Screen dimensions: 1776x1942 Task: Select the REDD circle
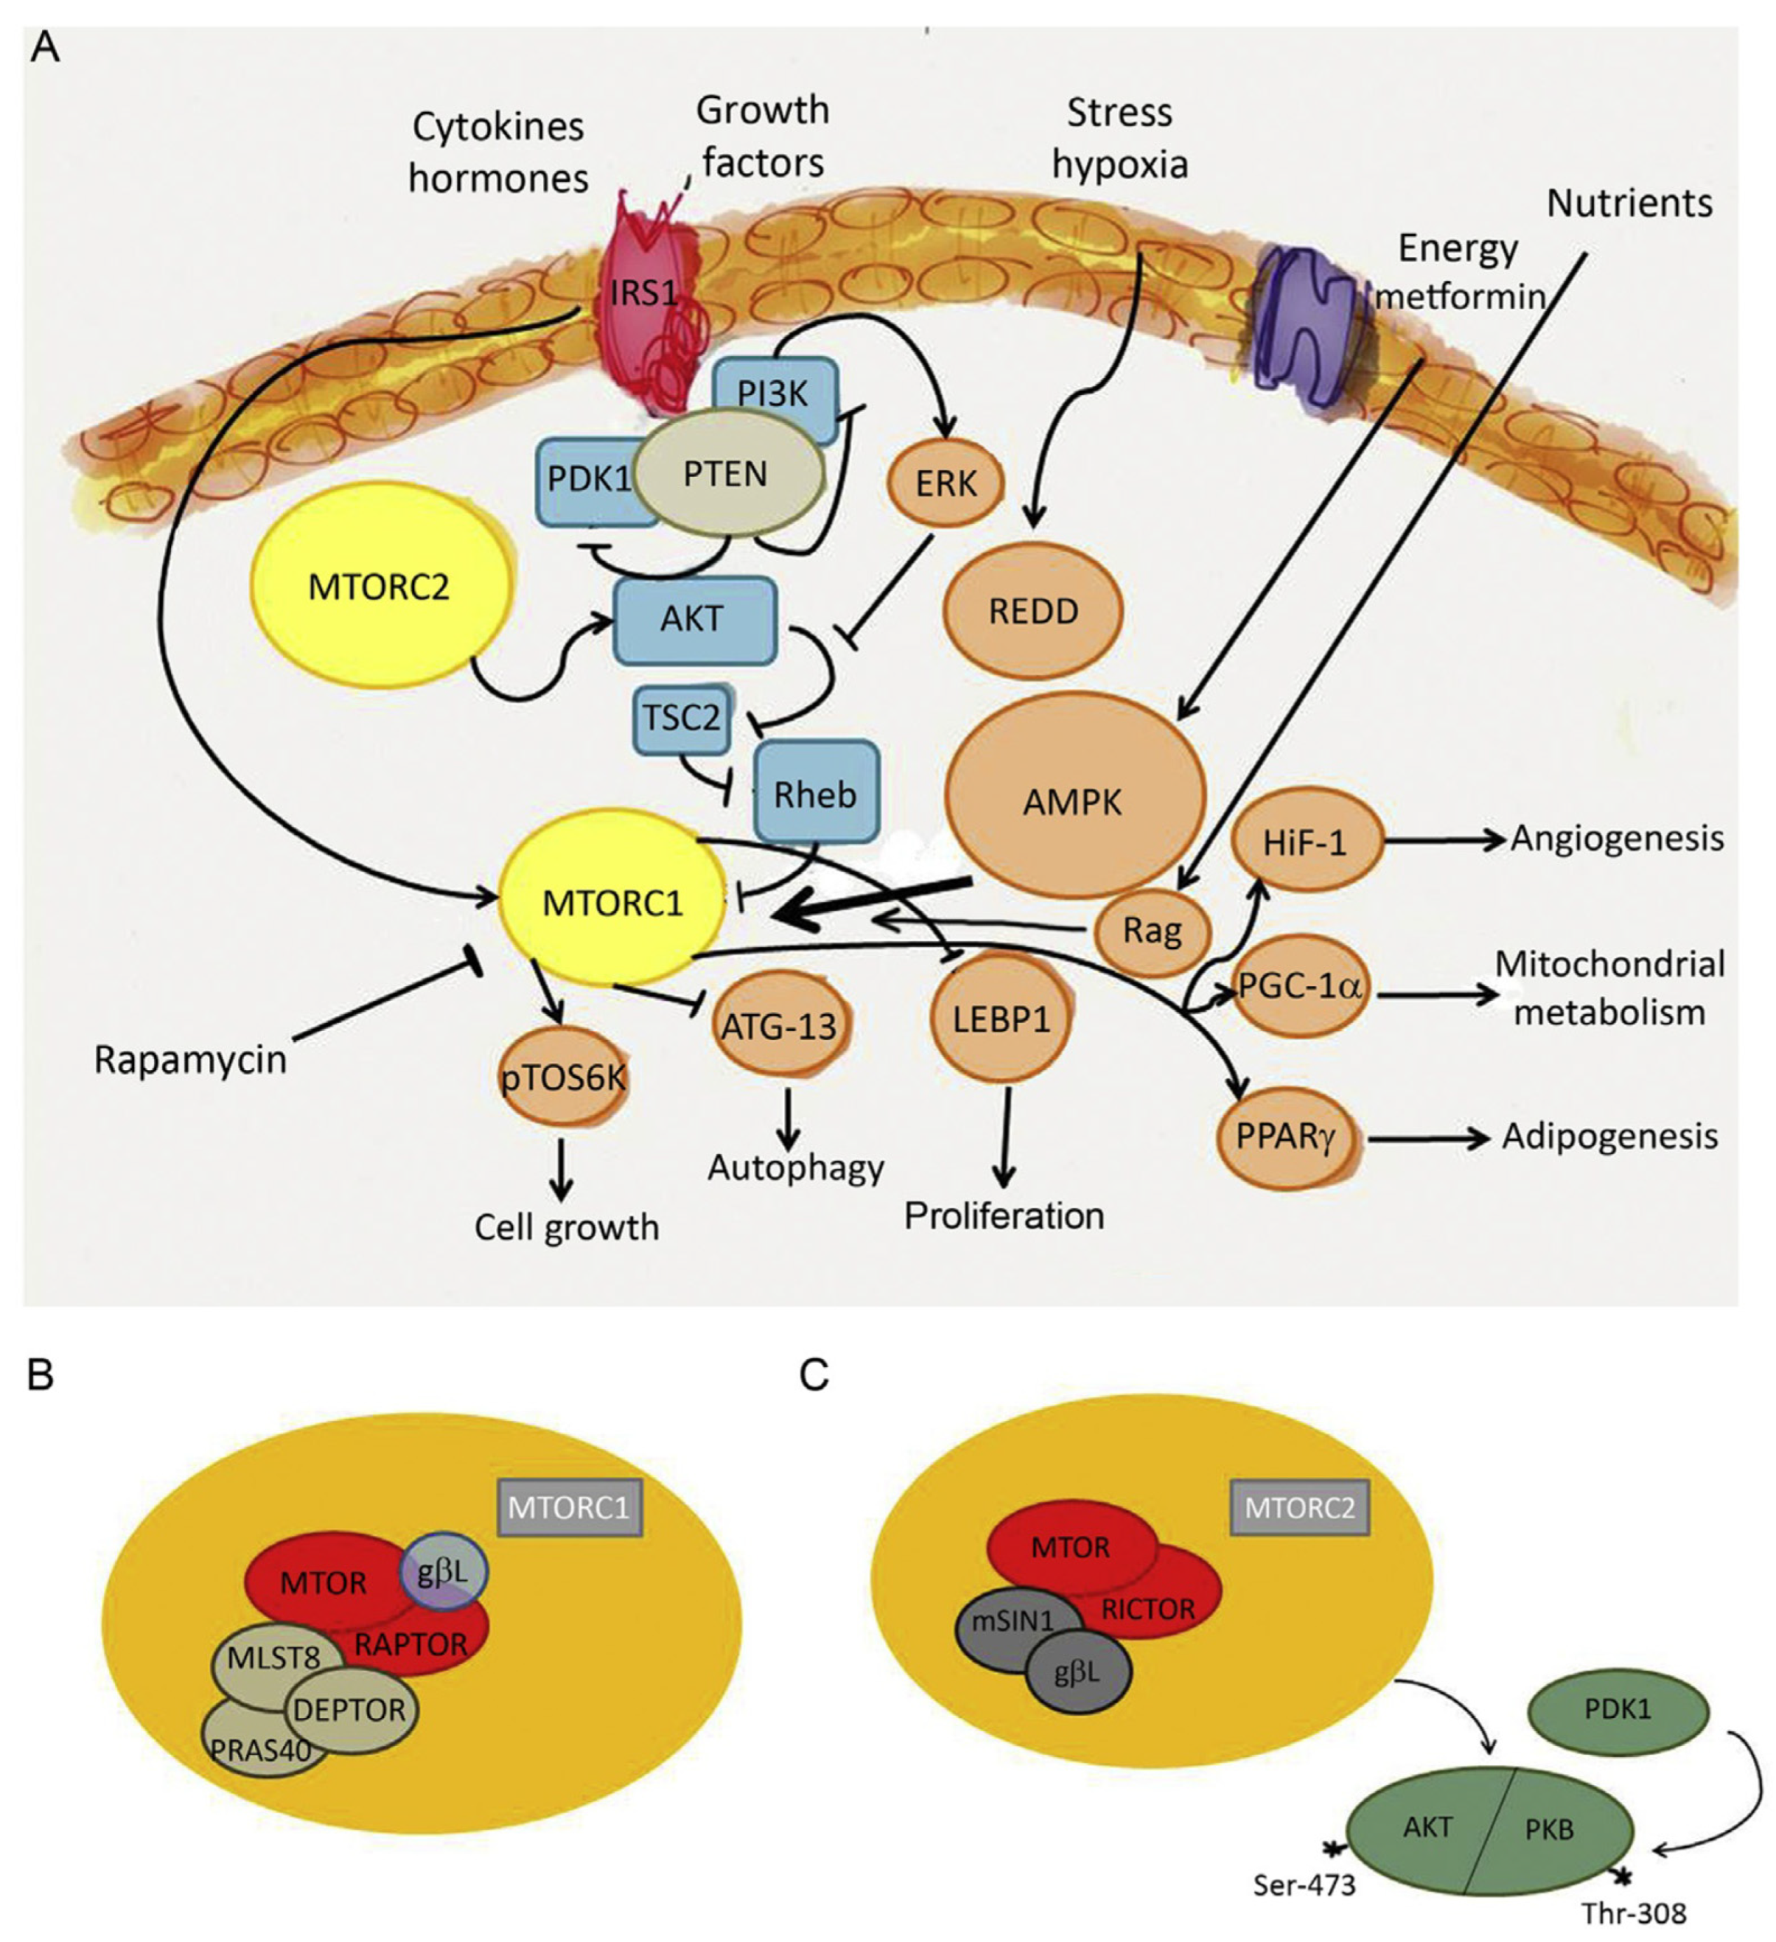[x=1033, y=611]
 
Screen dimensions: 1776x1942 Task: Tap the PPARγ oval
[x=1288, y=1137]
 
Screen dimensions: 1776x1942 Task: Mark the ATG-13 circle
[x=780, y=1027]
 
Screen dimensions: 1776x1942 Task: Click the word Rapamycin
[x=191, y=1060]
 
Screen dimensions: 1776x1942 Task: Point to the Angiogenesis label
[x=1617, y=839]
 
